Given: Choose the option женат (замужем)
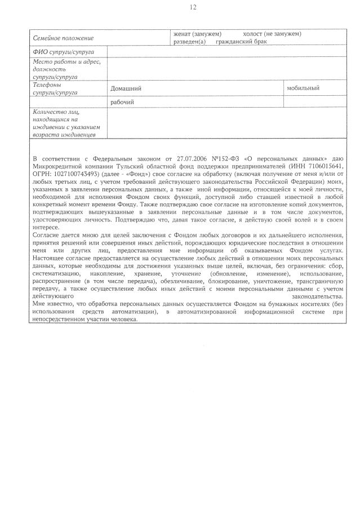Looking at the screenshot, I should click(x=197, y=34).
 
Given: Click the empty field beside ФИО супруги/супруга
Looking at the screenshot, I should click(x=225, y=52).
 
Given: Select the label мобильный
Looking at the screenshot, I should click(x=303, y=88).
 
